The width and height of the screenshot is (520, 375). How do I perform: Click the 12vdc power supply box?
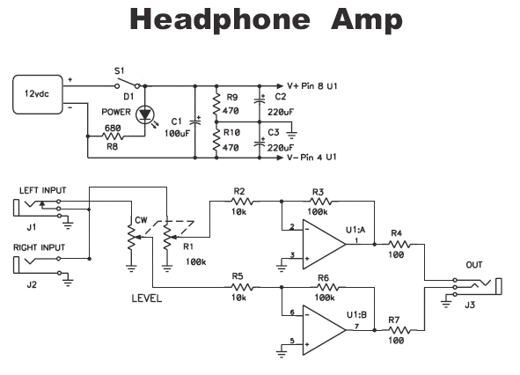pyautogui.click(x=38, y=94)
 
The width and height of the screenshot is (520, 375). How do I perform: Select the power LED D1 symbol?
pyautogui.click(x=145, y=114)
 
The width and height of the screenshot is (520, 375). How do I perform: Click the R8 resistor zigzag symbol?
pyautogui.click(x=114, y=136)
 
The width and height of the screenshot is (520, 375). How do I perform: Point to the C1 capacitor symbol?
pyautogui.click(x=195, y=121)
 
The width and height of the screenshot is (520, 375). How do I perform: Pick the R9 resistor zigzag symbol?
pyautogui.click(x=216, y=104)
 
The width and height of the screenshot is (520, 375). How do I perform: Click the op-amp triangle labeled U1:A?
pyautogui.click(x=324, y=245)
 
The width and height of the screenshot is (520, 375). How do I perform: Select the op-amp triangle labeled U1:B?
pyautogui.click(x=324, y=330)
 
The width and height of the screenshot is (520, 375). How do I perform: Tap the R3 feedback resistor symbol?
pyautogui.click(x=320, y=201)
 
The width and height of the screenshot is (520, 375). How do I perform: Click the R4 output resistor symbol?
pyautogui.click(x=399, y=245)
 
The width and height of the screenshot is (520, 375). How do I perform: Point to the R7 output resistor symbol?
pyautogui.click(x=399, y=330)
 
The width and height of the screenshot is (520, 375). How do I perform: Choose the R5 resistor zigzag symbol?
pyautogui.click(x=242, y=287)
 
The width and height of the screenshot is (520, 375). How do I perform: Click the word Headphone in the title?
pyautogui.click(x=220, y=19)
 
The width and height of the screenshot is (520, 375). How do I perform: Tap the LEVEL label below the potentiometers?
pyautogui.click(x=147, y=298)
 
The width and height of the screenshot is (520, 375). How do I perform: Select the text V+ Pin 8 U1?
pyautogui.click(x=312, y=86)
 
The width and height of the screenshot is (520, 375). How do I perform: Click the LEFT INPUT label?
pyautogui.click(x=43, y=190)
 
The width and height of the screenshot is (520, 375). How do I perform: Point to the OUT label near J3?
pyautogui.click(x=474, y=265)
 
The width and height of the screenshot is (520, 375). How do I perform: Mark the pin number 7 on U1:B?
pyautogui.click(x=357, y=327)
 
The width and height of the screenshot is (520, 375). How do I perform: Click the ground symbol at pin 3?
pyautogui.click(x=282, y=267)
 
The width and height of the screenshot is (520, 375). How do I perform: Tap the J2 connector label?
pyautogui.click(x=32, y=284)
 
